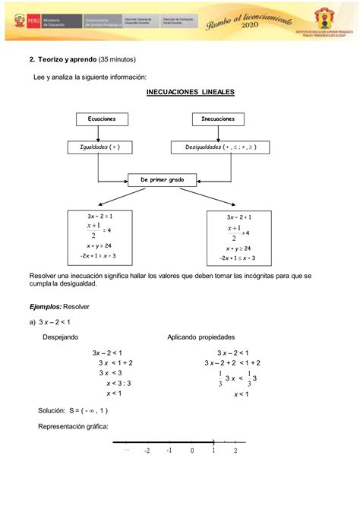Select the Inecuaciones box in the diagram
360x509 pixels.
[218, 119]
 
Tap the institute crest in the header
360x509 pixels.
[329, 17]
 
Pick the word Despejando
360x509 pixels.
[60, 337]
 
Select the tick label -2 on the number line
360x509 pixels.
[147, 451]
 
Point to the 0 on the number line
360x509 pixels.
[192, 451]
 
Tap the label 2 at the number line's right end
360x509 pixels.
[235, 451]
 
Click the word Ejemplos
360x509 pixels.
[45, 306]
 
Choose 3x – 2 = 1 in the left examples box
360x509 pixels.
[99, 217]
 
